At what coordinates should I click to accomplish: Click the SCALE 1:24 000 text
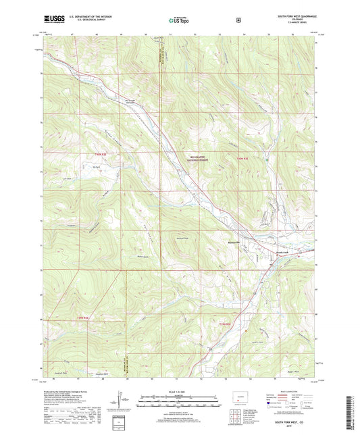[178, 392]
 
